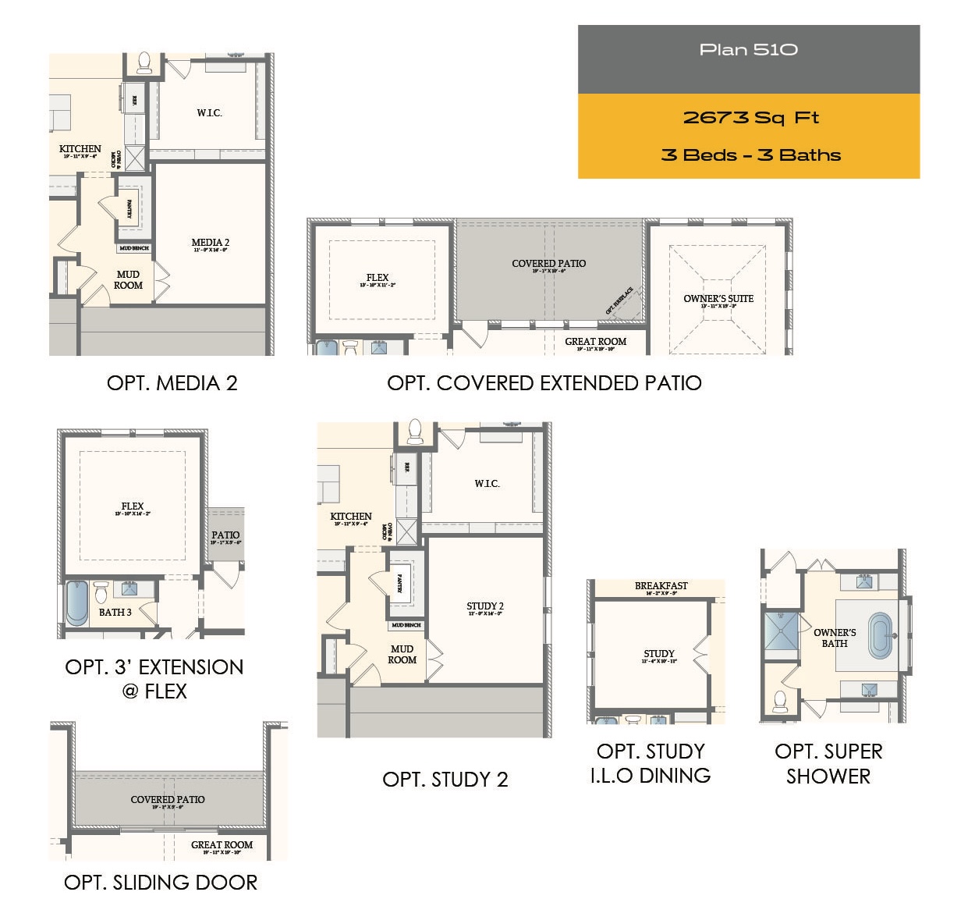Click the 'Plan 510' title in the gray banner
pyautogui.click(x=748, y=50)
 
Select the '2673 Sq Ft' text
pyautogui.click(x=750, y=118)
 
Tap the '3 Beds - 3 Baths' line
pyautogui.click(x=750, y=155)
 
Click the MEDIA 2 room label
pyautogui.click(x=210, y=243)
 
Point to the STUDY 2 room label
pyautogui.click(x=484, y=606)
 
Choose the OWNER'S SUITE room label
pyautogui.click(x=718, y=299)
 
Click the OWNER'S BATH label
pyautogui.click(x=834, y=638)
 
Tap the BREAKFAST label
pyautogui.click(x=661, y=586)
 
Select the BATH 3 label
pyautogui.click(x=115, y=613)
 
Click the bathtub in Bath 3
pyautogui.click(x=76, y=603)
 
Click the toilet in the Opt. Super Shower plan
pyautogui.click(x=780, y=701)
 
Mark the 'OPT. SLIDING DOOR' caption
pyautogui.click(x=161, y=883)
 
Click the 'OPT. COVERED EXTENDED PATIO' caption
pyautogui.click(x=544, y=383)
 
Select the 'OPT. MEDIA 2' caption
pyautogui.click(x=172, y=383)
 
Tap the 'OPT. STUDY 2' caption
pyautogui.click(x=445, y=780)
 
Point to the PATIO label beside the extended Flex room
pyautogui.click(x=225, y=536)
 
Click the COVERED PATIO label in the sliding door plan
pyautogui.click(x=168, y=800)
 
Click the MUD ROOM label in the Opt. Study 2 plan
pyautogui.click(x=402, y=654)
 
